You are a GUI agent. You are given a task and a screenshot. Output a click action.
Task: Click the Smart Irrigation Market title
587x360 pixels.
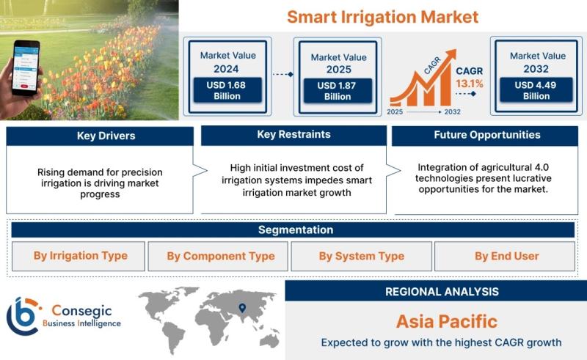(382, 17)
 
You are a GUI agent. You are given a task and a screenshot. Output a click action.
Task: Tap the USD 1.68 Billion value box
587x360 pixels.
(227, 90)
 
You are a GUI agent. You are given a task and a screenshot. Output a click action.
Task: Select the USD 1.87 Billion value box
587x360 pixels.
(338, 91)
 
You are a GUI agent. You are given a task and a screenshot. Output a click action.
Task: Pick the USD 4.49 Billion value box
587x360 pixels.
(536, 90)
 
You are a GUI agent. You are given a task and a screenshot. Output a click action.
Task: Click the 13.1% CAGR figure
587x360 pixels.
(470, 84)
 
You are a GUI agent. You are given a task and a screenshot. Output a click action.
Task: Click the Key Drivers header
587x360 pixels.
(106, 136)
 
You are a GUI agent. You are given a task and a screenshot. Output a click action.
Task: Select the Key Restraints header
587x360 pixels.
(294, 134)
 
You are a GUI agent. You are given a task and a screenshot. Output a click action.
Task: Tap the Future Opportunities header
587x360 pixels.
(487, 135)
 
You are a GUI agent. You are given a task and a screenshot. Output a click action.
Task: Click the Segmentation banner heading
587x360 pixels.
(296, 229)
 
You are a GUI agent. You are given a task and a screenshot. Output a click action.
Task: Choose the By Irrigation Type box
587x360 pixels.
(79, 256)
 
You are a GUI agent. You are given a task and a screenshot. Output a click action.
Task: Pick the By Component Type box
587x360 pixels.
(218, 256)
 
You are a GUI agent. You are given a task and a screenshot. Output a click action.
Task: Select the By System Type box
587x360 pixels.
(361, 256)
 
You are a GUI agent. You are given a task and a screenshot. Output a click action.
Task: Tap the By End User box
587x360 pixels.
(505, 256)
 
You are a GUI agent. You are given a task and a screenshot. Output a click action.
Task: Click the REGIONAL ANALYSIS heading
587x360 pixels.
(442, 292)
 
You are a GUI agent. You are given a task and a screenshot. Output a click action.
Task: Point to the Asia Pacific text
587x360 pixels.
(447, 321)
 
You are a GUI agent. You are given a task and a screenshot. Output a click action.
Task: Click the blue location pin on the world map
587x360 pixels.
(242, 308)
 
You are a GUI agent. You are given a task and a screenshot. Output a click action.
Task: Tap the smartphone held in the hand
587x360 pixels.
(26, 67)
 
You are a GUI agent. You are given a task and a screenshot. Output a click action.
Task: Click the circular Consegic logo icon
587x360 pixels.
(23, 316)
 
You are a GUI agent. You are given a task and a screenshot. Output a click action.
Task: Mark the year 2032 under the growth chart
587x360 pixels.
(452, 112)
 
